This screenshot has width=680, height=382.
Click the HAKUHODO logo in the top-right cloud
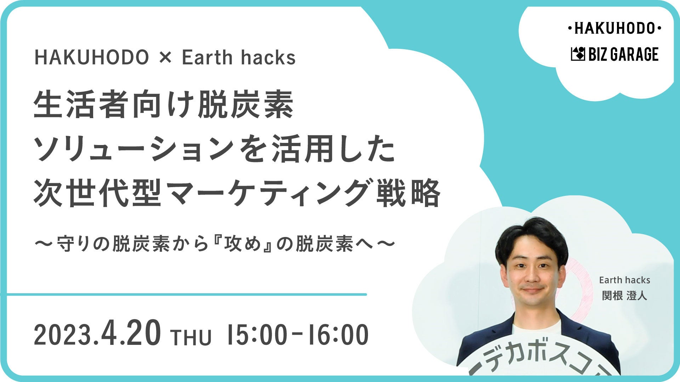pos(614,28)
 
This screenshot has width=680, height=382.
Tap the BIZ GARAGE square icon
pos(578,54)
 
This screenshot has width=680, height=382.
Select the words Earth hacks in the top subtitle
pos(239,57)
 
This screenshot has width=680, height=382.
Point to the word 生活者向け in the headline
pos(115,104)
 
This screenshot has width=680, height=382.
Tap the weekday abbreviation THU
pos(191,337)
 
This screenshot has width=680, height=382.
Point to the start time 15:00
pos(256,335)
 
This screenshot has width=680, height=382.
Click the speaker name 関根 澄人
pos(625,296)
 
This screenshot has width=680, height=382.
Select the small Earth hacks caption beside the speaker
pos(625,280)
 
